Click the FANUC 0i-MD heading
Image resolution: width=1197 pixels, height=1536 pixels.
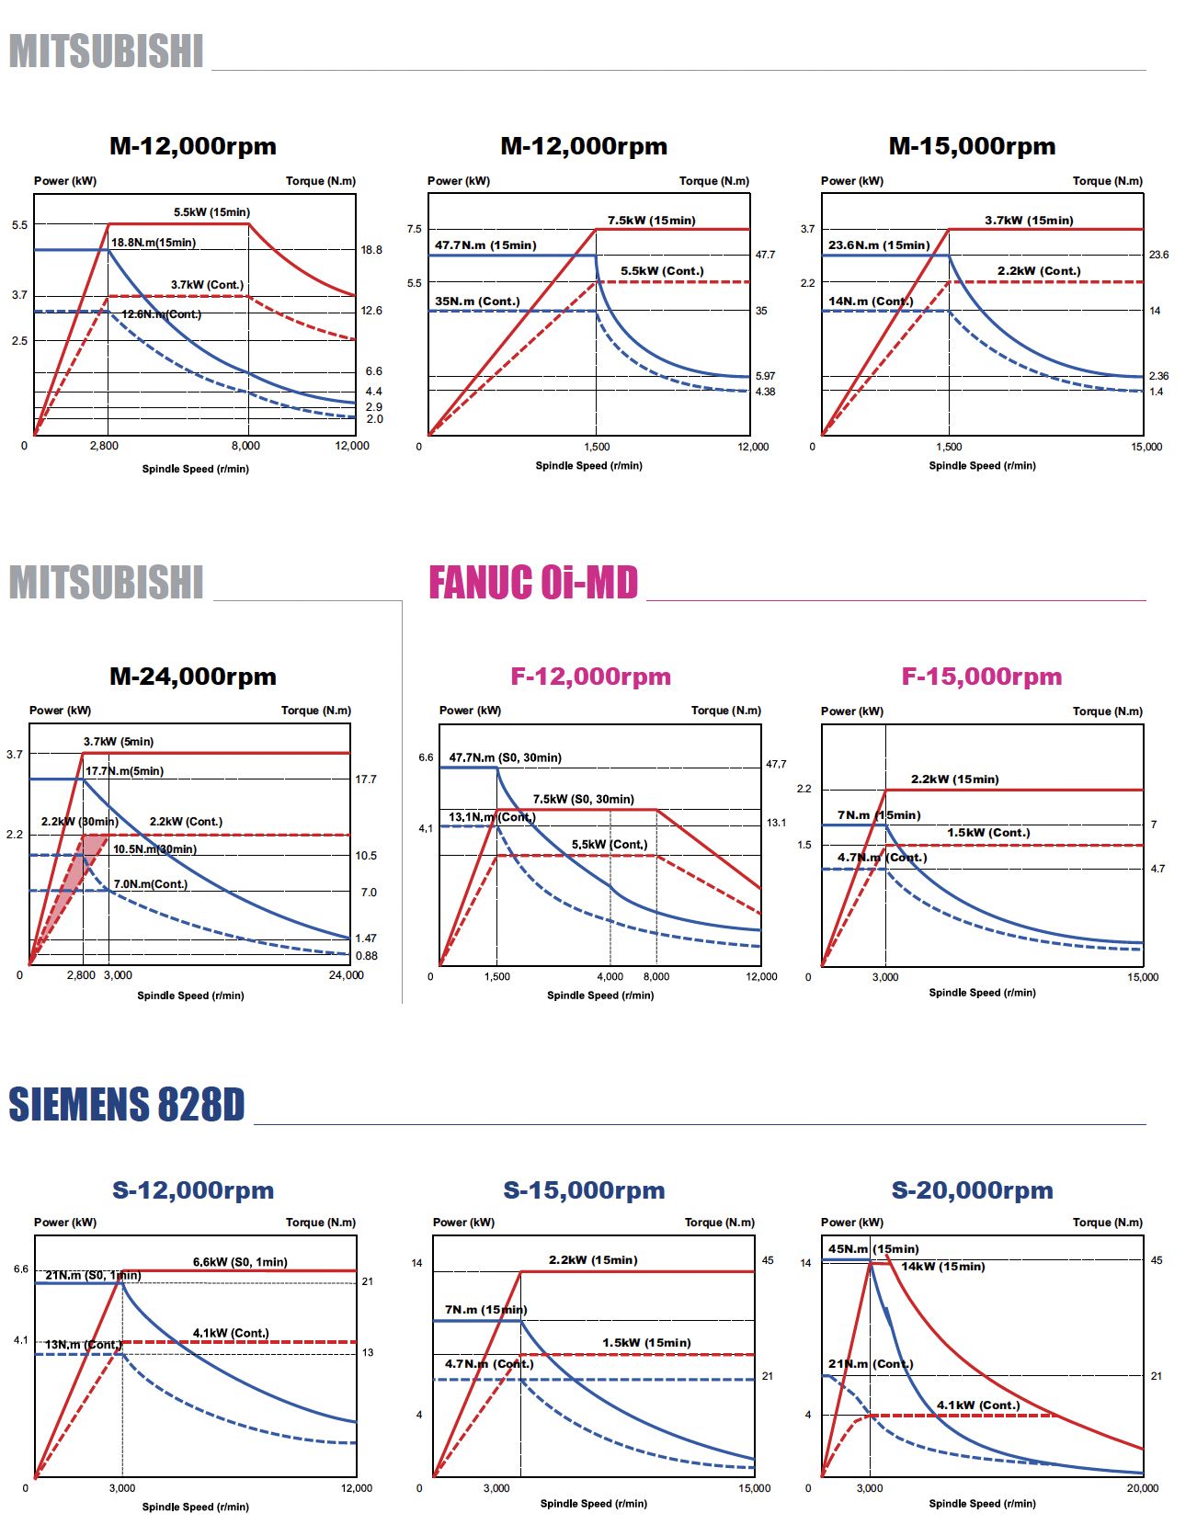pyautogui.click(x=533, y=583)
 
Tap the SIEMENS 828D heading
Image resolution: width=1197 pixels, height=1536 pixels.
pyautogui.click(x=127, y=1105)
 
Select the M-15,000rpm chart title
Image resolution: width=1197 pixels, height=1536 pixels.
pyautogui.click(x=972, y=146)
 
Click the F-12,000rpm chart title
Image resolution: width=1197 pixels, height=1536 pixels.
pyautogui.click(x=590, y=677)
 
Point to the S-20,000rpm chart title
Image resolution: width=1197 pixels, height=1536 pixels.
pyautogui.click(x=972, y=1190)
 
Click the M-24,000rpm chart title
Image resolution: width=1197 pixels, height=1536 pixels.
pyautogui.click(x=193, y=677)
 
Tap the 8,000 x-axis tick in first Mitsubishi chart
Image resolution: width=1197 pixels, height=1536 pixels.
pyautogui.click(x=245, y=446)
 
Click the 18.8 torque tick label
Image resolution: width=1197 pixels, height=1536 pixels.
pyautogui.click(x=371, y=250)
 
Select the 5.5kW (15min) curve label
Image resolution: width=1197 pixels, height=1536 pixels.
pyautogui.click(x=211, y=212)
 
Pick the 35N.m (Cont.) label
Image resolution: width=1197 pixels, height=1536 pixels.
pyautogui.click(x=477, y=302)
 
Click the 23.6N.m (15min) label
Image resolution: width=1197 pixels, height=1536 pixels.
pyautogui.click(x=879, y=245)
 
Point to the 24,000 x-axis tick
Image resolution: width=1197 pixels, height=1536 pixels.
pyautogui.click(x=347, y=975)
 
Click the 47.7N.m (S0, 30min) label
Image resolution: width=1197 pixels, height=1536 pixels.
pyautogui.click(x=505, y=758)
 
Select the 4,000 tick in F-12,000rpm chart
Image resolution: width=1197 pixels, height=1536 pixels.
pyautogui.click(x=610, y=977)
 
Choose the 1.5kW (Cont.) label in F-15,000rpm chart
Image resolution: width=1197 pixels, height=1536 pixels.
pyautogui.click(x=988, y=833)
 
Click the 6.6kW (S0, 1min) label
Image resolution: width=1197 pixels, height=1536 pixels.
pyautogui.click(x=240, y=1262)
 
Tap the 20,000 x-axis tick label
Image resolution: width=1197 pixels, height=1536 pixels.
pyautogui.click(x=1143, y=1488)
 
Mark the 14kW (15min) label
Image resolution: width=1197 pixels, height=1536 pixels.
pyautogui.click(x=942, y=1267)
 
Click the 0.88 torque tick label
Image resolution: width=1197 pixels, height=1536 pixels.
pyautogui.click(x=366, y=956)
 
